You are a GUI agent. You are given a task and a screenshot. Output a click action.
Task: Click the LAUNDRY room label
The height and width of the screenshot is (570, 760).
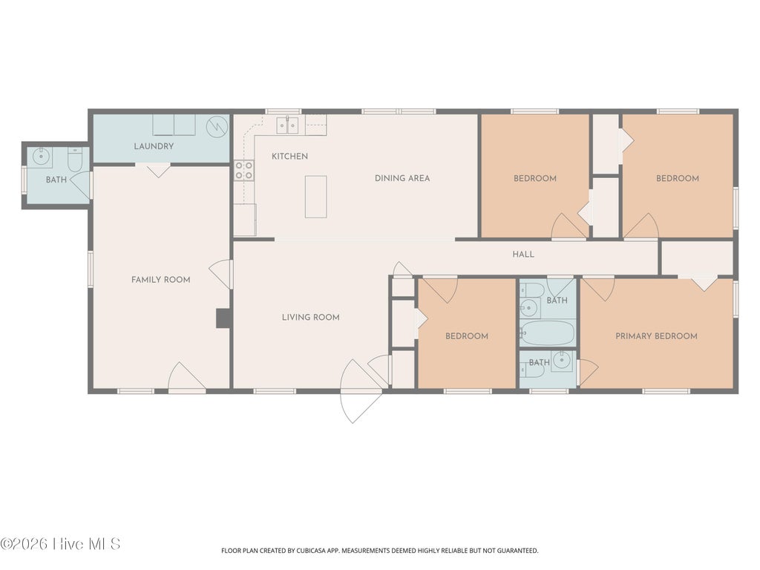154,146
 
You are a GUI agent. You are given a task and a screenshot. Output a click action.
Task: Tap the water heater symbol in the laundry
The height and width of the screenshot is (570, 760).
217,127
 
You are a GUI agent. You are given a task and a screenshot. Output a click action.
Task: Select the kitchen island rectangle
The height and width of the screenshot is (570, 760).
315,197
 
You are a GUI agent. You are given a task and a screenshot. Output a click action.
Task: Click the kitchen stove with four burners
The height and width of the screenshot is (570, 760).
243,170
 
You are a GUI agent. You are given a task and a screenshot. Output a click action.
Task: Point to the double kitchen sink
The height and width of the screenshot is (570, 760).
287,125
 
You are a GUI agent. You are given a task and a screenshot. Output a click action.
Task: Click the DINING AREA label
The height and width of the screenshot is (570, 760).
402,178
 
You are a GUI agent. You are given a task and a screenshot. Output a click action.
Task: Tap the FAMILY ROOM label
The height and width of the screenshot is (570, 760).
161,280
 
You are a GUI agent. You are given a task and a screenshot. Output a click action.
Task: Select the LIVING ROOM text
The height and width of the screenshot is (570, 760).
311,318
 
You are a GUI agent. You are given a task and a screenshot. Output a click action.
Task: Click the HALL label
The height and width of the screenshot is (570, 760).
523,254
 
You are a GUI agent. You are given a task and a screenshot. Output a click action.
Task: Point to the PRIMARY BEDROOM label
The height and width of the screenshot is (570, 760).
656,336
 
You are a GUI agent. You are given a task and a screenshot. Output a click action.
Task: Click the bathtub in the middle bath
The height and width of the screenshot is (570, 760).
548,333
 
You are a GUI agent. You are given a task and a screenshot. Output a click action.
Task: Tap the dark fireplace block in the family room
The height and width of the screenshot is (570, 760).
223,318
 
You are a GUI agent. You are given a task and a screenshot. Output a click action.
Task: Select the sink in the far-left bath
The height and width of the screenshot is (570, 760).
42,156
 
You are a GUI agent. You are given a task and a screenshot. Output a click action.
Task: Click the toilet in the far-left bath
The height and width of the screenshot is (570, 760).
75,160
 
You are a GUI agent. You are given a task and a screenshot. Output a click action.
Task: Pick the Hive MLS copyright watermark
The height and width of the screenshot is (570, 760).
60,544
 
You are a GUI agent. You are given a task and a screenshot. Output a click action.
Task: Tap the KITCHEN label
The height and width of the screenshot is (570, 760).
290,156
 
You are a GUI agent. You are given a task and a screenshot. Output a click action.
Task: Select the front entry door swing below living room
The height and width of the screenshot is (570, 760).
362,391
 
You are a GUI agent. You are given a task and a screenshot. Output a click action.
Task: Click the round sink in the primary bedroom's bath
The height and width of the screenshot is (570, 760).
563,361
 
